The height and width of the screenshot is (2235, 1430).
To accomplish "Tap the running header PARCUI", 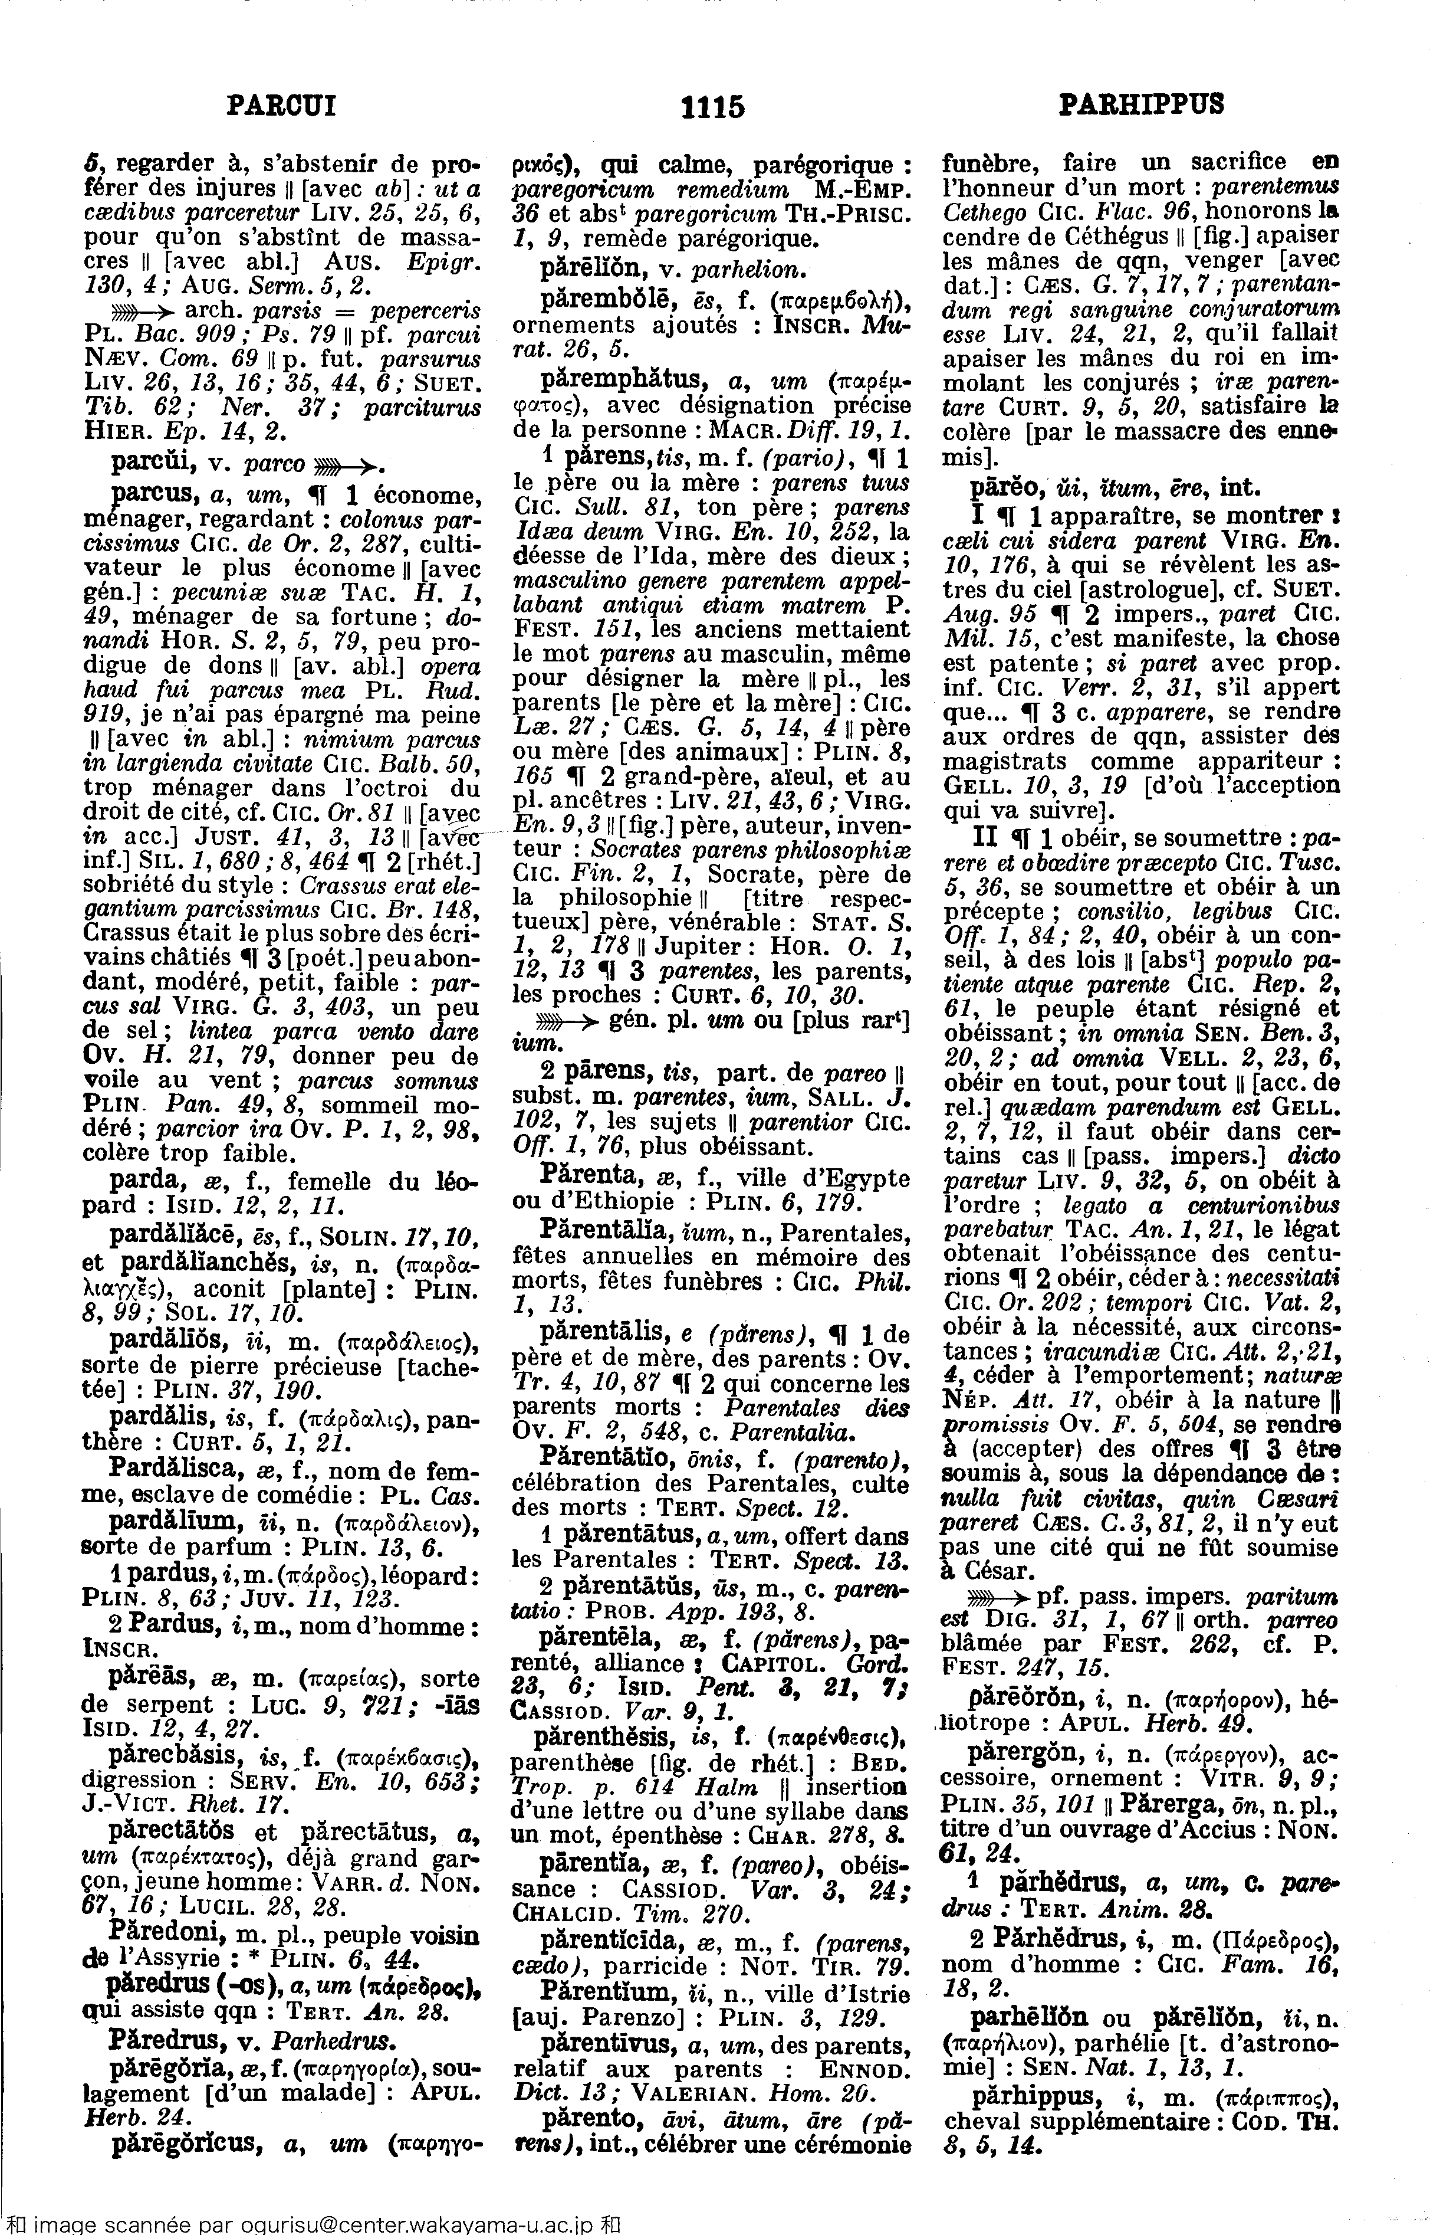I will (x=281, y=105).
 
